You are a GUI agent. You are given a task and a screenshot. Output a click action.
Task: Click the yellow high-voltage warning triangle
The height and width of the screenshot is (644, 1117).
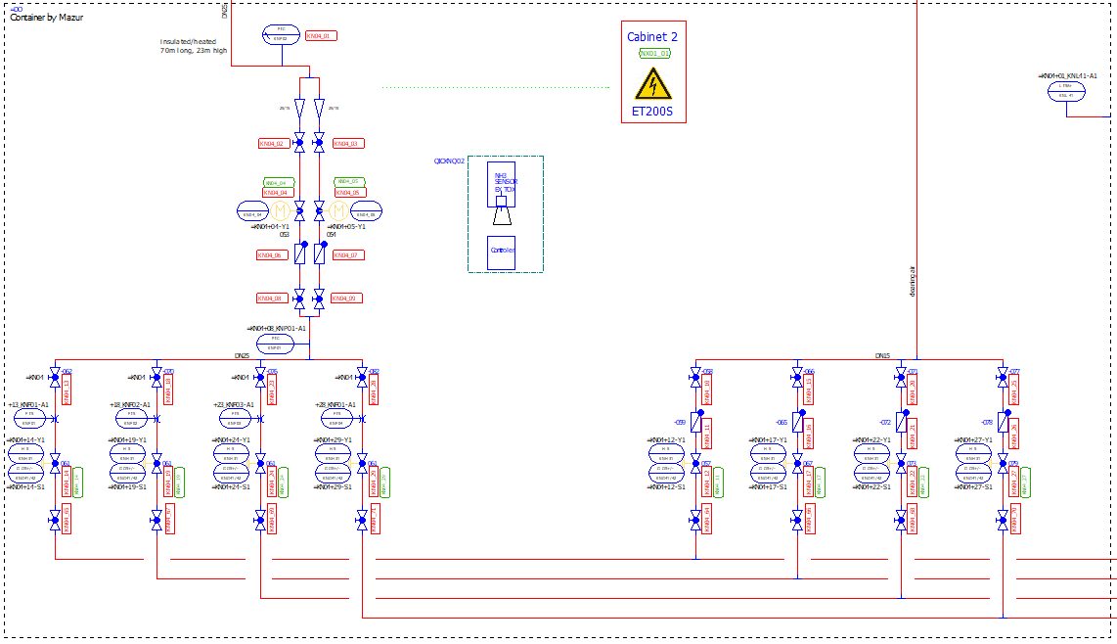(653, 85)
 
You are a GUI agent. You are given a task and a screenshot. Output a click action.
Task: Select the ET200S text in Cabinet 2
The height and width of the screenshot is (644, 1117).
(652, 114)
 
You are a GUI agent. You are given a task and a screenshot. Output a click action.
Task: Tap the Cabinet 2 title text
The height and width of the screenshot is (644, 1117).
(652, 37)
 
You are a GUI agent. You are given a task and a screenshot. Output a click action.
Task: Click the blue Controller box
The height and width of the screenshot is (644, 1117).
(501, 253)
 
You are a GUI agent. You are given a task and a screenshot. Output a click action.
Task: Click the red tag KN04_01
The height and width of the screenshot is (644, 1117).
(321, 36)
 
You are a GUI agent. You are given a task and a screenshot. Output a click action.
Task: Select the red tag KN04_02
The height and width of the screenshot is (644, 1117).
(272, 144)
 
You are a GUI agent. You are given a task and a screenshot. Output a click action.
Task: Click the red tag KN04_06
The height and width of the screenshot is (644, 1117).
(270, 255)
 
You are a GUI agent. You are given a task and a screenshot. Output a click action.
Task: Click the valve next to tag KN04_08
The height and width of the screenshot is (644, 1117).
(299, 298)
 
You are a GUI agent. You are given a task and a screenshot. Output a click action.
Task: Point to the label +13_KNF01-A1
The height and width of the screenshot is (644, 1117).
(28, 404)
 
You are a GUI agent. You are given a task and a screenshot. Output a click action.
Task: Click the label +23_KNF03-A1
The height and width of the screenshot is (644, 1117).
(234, 404)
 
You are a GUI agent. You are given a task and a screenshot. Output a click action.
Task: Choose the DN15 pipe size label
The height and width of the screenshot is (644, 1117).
(882, 356)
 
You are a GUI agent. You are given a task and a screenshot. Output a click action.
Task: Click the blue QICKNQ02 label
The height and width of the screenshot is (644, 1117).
(449, 161)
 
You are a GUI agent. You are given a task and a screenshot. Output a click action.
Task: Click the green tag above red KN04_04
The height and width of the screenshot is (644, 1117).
(279, 182)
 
